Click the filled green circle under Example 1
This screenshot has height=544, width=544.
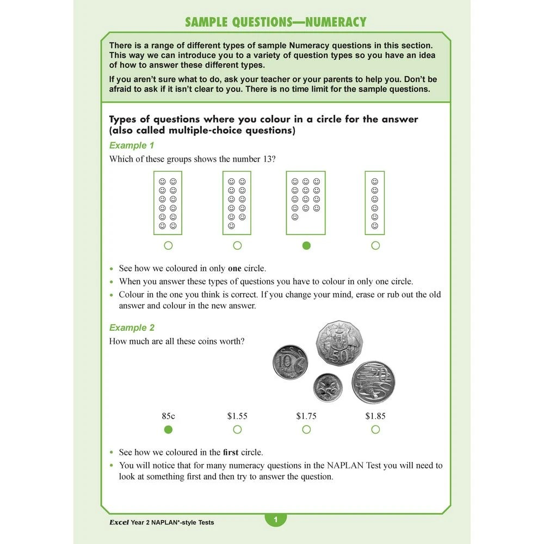[306, 246]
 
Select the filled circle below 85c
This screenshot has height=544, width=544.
[168, 430]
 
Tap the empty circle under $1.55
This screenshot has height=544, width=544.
[237, 430]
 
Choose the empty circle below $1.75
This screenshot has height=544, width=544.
[306, 430]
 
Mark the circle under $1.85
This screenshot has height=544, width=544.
[375, 430]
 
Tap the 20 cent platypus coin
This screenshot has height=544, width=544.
[373, 381]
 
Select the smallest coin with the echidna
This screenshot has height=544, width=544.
[328, 387]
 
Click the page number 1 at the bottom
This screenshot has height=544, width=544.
[275, 520]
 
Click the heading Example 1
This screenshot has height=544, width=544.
[132, 146]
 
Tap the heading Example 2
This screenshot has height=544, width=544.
[132, 328]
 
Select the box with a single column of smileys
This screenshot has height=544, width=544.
[374, 203]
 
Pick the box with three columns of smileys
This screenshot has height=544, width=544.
[306, 203]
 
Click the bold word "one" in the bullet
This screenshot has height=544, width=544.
[234, 269]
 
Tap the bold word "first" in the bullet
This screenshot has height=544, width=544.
[231, 453]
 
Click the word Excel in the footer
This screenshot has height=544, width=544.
[119, 523]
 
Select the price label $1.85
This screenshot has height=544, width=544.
[375, 416]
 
